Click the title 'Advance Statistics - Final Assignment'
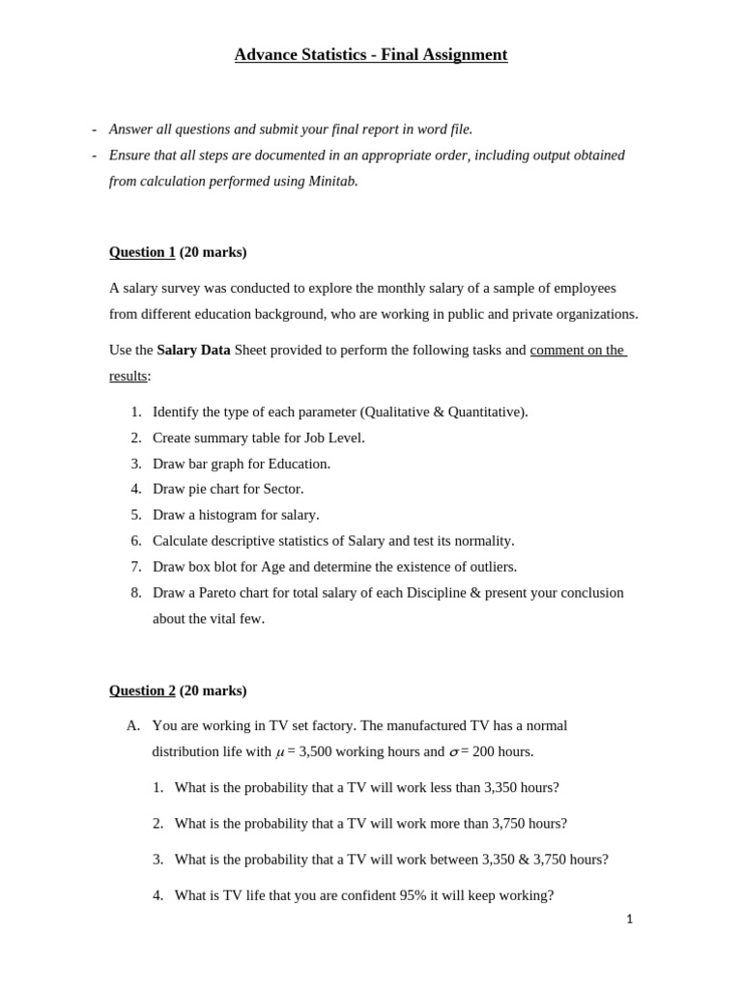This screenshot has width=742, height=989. [x=370, y=55]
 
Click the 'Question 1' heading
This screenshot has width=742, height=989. [x=142, y=252]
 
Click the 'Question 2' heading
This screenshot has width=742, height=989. [x=142, y=691]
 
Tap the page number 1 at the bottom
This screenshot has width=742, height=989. [x=629, y=919]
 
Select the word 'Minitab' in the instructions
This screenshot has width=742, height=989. [x=331, y=182]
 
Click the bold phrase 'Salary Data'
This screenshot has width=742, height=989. [x=193, y=350]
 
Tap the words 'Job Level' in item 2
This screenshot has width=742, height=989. [x=333, y=438]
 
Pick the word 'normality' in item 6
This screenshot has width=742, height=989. [x=481, y=541]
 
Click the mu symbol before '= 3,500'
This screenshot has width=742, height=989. [x=280, y=752]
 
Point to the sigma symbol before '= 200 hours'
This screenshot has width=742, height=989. [x=454, y=752]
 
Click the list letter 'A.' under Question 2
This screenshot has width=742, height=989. [x=133, y=725]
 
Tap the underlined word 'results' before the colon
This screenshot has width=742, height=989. [x=128, y=376]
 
